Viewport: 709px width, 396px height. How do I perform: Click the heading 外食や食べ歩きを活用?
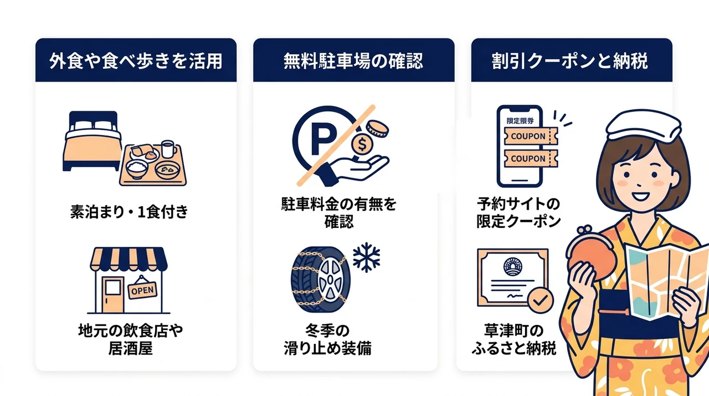[x=136, y=61]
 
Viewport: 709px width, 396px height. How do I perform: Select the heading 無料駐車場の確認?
[x=353, y=61]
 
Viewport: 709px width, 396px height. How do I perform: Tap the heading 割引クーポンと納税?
[x=570, y=61]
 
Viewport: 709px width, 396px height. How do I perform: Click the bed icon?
[x=93, y=141]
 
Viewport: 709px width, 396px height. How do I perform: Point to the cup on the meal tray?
[x=168, y=149]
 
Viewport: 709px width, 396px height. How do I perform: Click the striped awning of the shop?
[x=129, y=259]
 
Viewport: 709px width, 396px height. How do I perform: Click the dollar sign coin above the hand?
[x=362, y=145]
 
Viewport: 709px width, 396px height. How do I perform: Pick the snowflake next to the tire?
[x=367, y=257]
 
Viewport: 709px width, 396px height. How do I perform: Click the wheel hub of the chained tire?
[x=330, y=280]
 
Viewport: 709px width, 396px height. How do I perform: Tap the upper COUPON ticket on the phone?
[x=531, y=136]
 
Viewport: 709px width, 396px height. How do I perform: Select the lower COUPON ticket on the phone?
[x=531, y=159]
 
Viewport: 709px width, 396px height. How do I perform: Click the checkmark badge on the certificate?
[x=541, y=300]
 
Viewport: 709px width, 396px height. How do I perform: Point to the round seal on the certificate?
[x=513, y=266]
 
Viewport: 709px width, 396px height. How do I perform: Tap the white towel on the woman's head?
[x=643, y=125]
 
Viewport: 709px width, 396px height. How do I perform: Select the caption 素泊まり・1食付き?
[x=129, y=212]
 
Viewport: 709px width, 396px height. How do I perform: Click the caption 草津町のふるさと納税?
[x=514, y=339]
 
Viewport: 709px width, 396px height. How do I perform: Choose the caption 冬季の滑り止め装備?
[x=327, y=339]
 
